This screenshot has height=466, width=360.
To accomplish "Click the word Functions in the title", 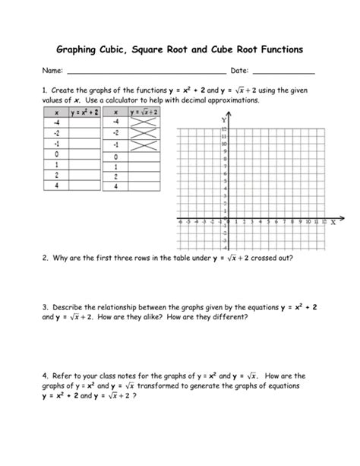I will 276,49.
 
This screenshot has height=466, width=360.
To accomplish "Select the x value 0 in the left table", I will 57,154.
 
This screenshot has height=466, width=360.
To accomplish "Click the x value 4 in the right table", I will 116,186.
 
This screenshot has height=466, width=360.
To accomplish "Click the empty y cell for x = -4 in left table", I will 85,122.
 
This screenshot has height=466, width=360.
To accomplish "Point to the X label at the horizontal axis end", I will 333,223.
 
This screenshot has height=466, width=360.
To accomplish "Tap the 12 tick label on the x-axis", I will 324,222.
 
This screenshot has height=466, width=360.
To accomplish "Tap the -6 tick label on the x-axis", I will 178,222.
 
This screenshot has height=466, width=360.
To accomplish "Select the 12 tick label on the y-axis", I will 224,130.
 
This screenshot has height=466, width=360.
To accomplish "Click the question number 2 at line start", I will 45,258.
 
